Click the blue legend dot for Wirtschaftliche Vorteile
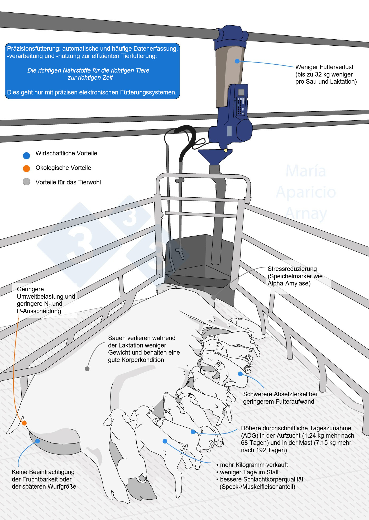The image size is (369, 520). [x=26, y=156]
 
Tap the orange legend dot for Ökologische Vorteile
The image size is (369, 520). [x=26, y=169]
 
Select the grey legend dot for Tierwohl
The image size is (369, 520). [x=26, y=182]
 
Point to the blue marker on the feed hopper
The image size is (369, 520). [x=237, y=61]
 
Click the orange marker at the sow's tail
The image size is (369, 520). [x=24, y=423]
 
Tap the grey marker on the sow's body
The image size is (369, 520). [x=87, y=369]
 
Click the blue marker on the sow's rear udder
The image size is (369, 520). [x=37, y=441]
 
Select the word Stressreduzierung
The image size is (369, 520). [x=292, y=269]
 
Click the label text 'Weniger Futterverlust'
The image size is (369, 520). [x=324, y=67]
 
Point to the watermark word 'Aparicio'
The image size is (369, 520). [x=306, y=192]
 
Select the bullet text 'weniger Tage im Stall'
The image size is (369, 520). [x=249, y=472]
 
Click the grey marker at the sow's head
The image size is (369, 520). [x=213, y=298]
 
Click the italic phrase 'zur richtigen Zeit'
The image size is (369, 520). [x=90, y=78]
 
